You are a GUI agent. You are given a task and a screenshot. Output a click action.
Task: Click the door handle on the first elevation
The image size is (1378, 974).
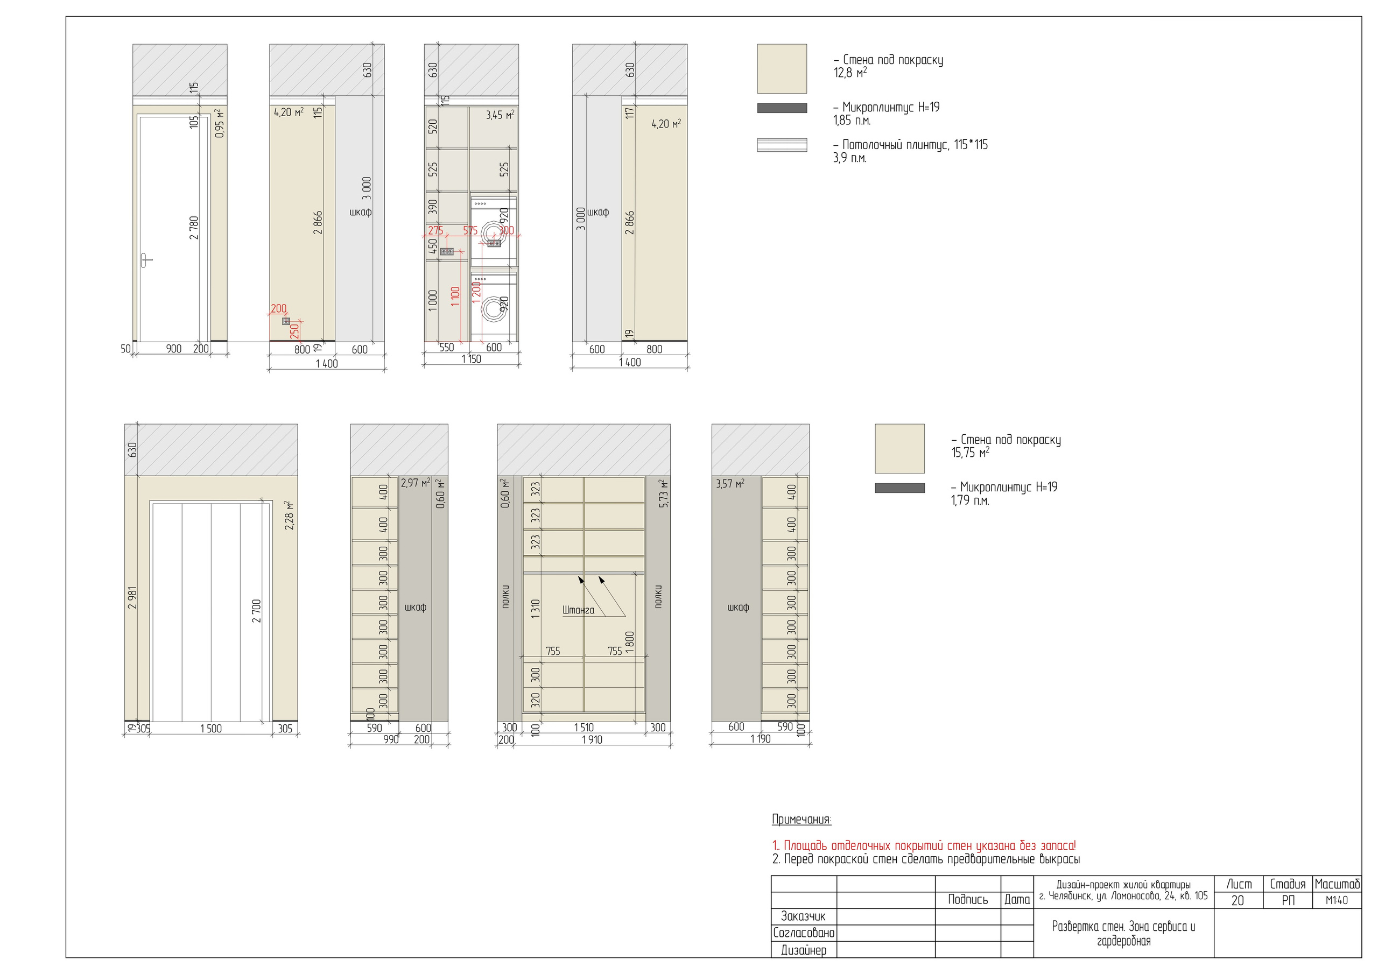(x=146, y=260)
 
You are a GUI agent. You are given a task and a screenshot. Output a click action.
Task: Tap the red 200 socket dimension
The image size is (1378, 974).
(x=278, y=308)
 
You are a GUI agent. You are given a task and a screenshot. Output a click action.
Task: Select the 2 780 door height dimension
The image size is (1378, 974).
(x=194, y=228)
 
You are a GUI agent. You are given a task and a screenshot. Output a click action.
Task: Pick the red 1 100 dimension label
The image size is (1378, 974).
(x=455, y=297)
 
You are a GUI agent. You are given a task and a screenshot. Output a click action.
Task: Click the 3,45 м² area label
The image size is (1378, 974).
(x=500, y=115)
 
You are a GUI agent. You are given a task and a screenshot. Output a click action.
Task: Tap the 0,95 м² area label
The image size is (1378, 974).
(x=220, y=124)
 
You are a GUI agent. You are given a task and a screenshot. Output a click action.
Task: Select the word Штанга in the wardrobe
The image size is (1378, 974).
(x=578, y=610)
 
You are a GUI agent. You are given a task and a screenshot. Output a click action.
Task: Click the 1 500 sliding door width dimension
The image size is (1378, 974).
(x=210, y=729)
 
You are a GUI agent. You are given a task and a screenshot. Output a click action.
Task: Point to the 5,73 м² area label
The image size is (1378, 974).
(x=663, y=494)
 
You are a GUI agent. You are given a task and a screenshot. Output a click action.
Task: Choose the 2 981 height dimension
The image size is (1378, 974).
(x=132, y=598)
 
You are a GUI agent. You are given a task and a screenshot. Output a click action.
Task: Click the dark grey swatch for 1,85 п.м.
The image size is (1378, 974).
(x=782, y=108)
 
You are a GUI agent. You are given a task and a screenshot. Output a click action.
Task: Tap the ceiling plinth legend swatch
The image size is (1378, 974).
(x=782, y=145)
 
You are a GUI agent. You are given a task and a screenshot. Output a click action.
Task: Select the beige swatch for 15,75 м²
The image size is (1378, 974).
(x=899, y=448)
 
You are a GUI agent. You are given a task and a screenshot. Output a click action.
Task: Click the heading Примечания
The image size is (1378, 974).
(x=802, y=819)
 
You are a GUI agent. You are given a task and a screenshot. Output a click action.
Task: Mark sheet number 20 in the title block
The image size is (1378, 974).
(x=1238, y=900)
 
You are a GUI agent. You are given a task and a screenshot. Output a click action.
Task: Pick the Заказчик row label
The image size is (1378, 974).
(x=803, y=916)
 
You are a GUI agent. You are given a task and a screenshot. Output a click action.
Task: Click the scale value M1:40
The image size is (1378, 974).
(x=1337, y=900)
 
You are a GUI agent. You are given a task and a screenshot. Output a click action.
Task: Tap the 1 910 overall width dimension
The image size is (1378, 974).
(x=592, y=740)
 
